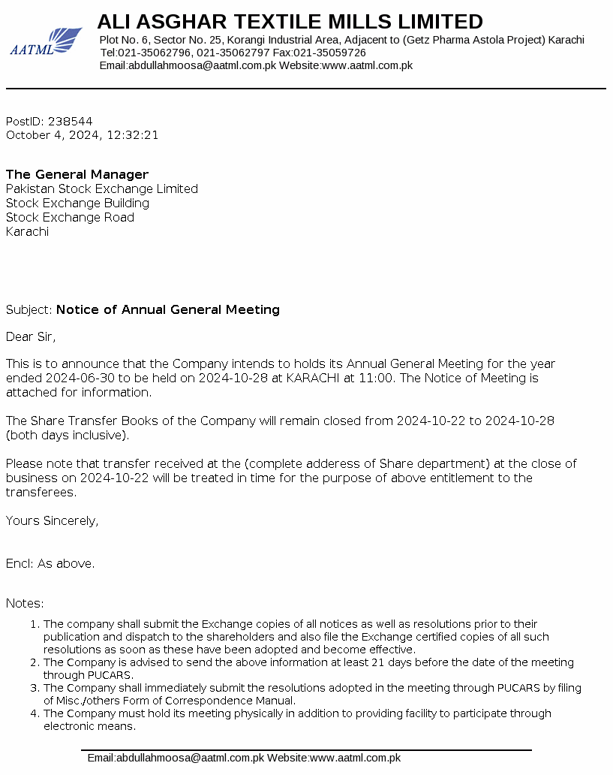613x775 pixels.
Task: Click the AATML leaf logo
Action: pyautogui.click(x=46, y=41)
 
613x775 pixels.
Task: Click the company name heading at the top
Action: pyautogui.click(x=290, y=21)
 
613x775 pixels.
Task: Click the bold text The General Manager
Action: pyautogui.click(x=77, y=174)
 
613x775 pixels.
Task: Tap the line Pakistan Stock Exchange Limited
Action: pyautogui.click(x=102, y=188)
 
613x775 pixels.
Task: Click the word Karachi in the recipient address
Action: pyautogui.click(x=27, y=231)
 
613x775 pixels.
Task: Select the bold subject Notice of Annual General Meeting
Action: pyautogui.click(x=168, y=309)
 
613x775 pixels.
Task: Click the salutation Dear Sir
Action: pyautogui.click(x=31, y=336)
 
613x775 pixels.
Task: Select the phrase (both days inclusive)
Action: pyautogui.click(x=68, y=435)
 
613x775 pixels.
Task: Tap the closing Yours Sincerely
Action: pyautogui.click(x=52, y=520)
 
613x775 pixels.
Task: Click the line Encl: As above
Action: pyautogui.click(x=50, y=563)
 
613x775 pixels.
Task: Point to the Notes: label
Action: pyautogui.click(x=25, y=603)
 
